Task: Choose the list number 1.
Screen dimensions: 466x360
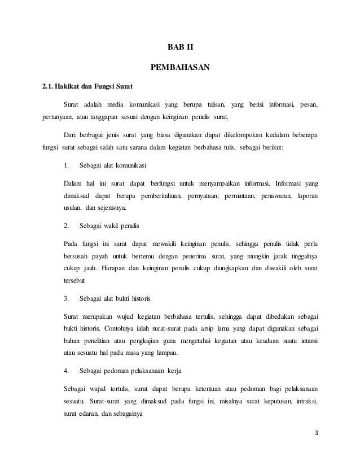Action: coord(66,166)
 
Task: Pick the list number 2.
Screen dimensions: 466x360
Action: coord(66,226)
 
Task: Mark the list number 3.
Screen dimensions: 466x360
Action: coord(66,297)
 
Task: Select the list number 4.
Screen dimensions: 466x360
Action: coord(66,371)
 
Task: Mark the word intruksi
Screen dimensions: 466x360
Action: coord(305,402)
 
